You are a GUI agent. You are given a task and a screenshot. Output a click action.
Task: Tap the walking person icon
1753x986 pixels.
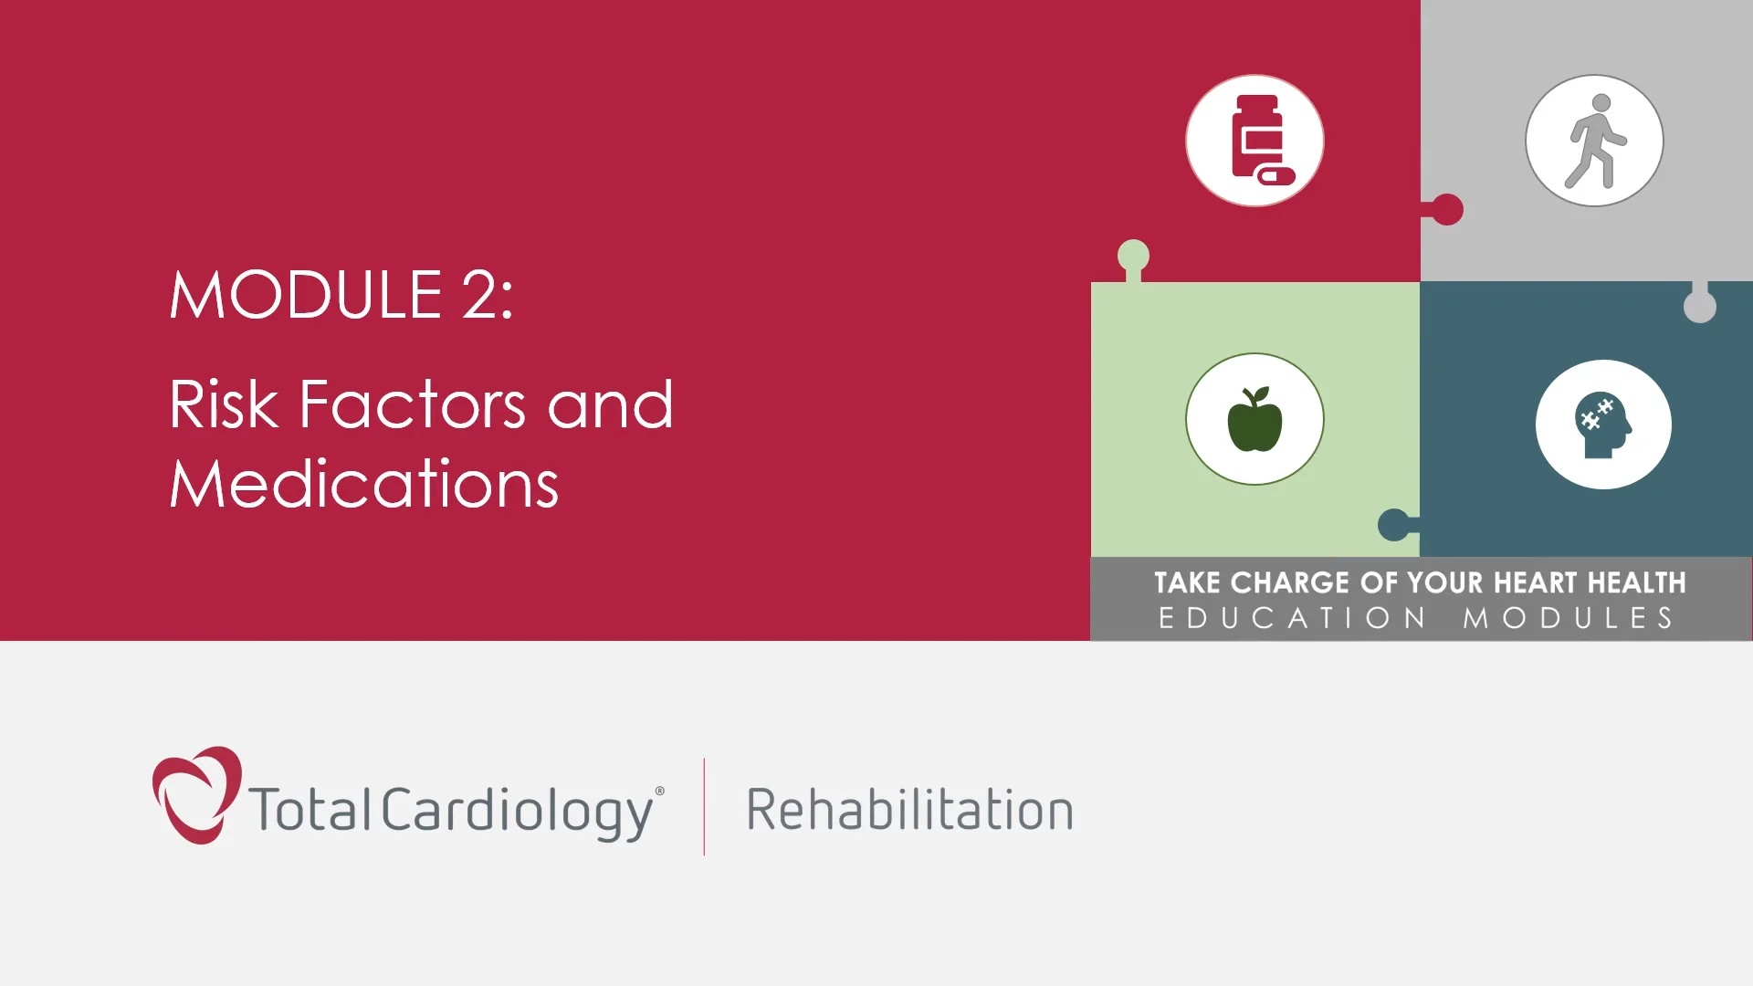pyautogui.click(x=1594, y=141)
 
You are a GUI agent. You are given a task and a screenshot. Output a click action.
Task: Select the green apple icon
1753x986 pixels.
pyautogui.click(x=1254, y=419)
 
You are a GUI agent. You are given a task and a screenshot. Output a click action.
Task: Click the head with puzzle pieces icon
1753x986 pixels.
pyautogui.click(x=1603, y=425)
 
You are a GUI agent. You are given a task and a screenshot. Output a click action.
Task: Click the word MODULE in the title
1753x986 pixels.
pyautogui.click(x=306, y=295)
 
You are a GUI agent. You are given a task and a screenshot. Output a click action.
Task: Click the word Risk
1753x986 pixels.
pyautogui.click(x=223, y=404)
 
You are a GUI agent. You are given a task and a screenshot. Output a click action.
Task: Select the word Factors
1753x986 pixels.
pyautogui.click(x=413, y=404)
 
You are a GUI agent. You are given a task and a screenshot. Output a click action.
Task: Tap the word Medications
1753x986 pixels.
pyautogui.click(x=363, y=484)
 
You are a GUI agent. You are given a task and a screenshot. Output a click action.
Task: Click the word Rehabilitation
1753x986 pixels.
pyautogui.click(x=909, y=810)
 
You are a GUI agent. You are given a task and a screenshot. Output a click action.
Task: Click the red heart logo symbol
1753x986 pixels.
pyautogui.click(x=195, y=794)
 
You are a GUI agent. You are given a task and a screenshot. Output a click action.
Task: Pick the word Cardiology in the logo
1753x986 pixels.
pyautogui.click(x=517, y=810)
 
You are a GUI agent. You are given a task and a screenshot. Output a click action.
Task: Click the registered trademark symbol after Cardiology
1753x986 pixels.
pyautogui.click(x=660, y=792)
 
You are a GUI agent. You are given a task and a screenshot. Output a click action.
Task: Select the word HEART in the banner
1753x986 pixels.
pyautogui.click(x=1535, y=582)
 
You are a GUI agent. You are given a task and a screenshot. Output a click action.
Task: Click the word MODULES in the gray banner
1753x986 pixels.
pyautogui.click(x=1569, y=618)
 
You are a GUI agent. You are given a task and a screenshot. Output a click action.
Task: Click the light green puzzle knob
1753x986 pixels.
pyautogui.click(x=1133, y=256)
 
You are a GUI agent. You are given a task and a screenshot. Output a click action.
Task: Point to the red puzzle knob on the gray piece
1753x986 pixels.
pyautogui.click(x=1447, y=209)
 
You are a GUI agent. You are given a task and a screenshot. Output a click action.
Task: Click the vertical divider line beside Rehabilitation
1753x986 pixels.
pyautogui.click(x=704, y=807)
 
